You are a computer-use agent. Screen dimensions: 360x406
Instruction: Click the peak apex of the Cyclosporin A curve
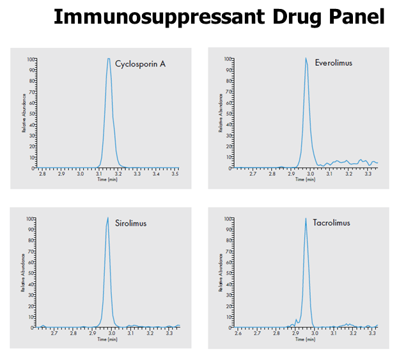click(109, 59)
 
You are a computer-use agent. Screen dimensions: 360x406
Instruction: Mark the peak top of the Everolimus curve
click(306, 59)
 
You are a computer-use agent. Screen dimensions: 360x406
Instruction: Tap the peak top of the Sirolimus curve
click(108, 219)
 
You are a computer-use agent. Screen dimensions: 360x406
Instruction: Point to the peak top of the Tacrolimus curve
click(306, 219)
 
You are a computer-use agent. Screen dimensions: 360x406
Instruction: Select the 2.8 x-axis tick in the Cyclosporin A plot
click(43, 173)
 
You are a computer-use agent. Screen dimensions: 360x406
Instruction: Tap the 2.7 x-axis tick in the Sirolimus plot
click(54, 333)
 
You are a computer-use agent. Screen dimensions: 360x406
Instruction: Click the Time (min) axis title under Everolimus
click(305, 179)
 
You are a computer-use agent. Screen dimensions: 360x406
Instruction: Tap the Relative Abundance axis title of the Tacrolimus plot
click(221, 274)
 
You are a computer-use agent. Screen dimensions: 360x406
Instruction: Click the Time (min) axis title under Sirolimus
click(107, 339)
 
